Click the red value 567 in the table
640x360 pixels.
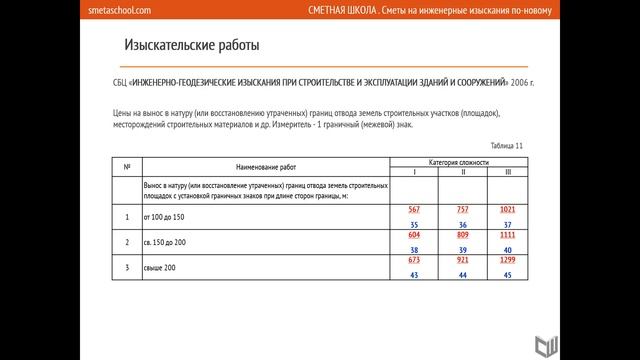[x=414, y=209]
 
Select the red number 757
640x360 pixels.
[x=463, y=209]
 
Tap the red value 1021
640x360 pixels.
[x=508, y=209]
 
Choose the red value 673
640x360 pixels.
[x=414, y=259]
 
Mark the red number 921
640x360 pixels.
[x=463, y=259]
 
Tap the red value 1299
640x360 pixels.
[x=508, y=259]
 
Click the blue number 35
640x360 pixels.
[x=414, y=225]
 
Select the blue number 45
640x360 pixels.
[x=508, y=275]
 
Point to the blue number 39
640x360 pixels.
[x=463, y=250]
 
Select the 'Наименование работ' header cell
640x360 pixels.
[x=267, y=166]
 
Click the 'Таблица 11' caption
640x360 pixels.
[x=505, y=146]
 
